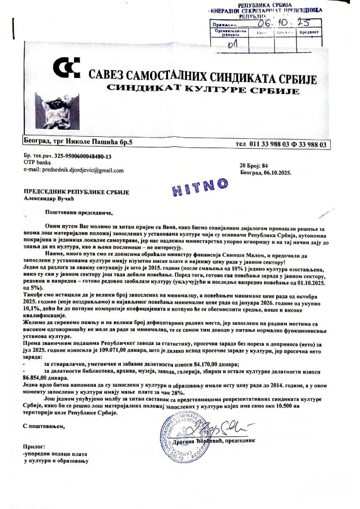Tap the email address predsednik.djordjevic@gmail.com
click(x=74, y=170)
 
